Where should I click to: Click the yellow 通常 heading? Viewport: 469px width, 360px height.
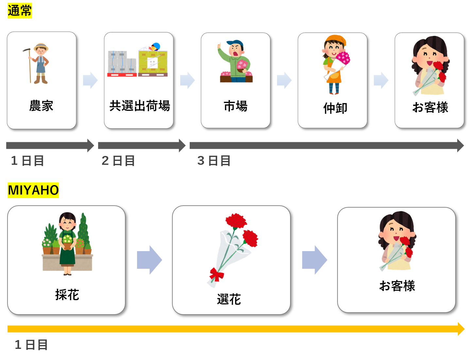pos(20,11)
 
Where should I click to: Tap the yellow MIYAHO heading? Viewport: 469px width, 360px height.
pos(33,190)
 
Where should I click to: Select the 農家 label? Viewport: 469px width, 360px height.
pos(41,106)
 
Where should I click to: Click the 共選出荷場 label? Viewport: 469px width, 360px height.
pos(140,106)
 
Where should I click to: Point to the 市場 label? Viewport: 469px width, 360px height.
pos(235,106)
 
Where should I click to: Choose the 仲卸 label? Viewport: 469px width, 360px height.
pos(335,108)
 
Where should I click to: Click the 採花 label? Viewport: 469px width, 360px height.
pos(67,295)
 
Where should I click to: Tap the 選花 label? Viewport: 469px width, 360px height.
pos(229,299)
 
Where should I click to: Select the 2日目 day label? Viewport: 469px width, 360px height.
pos(118,161)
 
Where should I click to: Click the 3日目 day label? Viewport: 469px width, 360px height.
pos(214,161)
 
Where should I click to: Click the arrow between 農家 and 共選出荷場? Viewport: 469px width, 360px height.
pos(90,80)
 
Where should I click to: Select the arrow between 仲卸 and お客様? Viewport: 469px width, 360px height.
pos(381,80)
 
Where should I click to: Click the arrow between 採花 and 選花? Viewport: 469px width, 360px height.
pos(149,260)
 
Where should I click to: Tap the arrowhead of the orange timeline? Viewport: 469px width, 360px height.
pos(461,329)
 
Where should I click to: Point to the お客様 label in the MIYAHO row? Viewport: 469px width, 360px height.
pos(397,286)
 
